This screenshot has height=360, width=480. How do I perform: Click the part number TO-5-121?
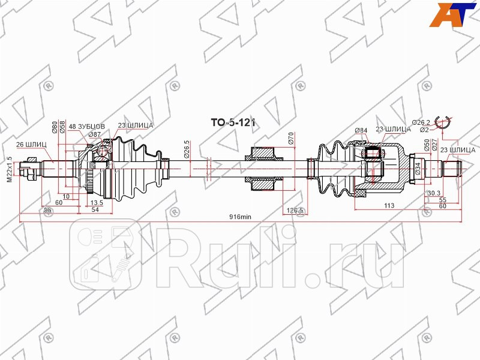pyautogui.click(x=232, y=122)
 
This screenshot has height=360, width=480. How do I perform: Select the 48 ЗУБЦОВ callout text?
pyautogui.click(x=87, y=127)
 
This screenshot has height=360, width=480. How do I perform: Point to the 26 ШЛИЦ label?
pyautogui.click(x=28, y=144)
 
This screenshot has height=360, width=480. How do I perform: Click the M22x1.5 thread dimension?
pyautogui.click(x=9, y=169)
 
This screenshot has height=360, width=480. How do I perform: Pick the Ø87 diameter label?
pyautogui.click(x=94, y=134)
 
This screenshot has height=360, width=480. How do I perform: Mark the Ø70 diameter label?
pyautogui.click(x=290, y=140)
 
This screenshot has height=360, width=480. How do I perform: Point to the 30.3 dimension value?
pyautogui.click(x=433, y=193)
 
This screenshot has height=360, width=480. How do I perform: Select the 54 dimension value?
pyautogui.click(x=95, y=210)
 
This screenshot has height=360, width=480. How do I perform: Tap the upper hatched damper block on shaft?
pyautogui.click(x=263, y=155)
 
